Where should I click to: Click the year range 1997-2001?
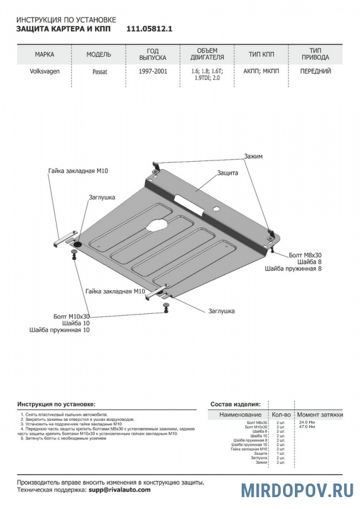tap(153, 72)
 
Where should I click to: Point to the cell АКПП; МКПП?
tap(258, 72)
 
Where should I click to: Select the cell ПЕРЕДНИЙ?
tap(316, 72)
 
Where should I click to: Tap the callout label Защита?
tap(227, 173)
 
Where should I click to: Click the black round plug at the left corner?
tap(78, 243)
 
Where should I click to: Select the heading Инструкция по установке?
tap(56, 405)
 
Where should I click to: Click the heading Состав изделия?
tap(235, 404)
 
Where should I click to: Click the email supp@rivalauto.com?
tap(119, 490)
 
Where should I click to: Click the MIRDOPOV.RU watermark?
tap(298, 490)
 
